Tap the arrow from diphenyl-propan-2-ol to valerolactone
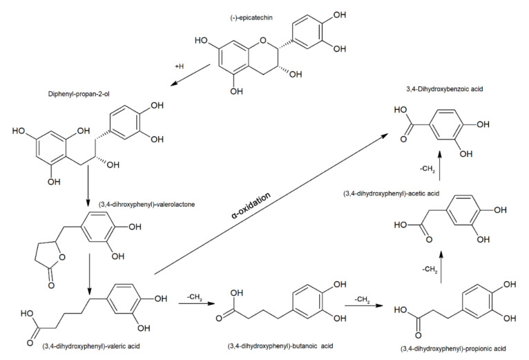point(89,185)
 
